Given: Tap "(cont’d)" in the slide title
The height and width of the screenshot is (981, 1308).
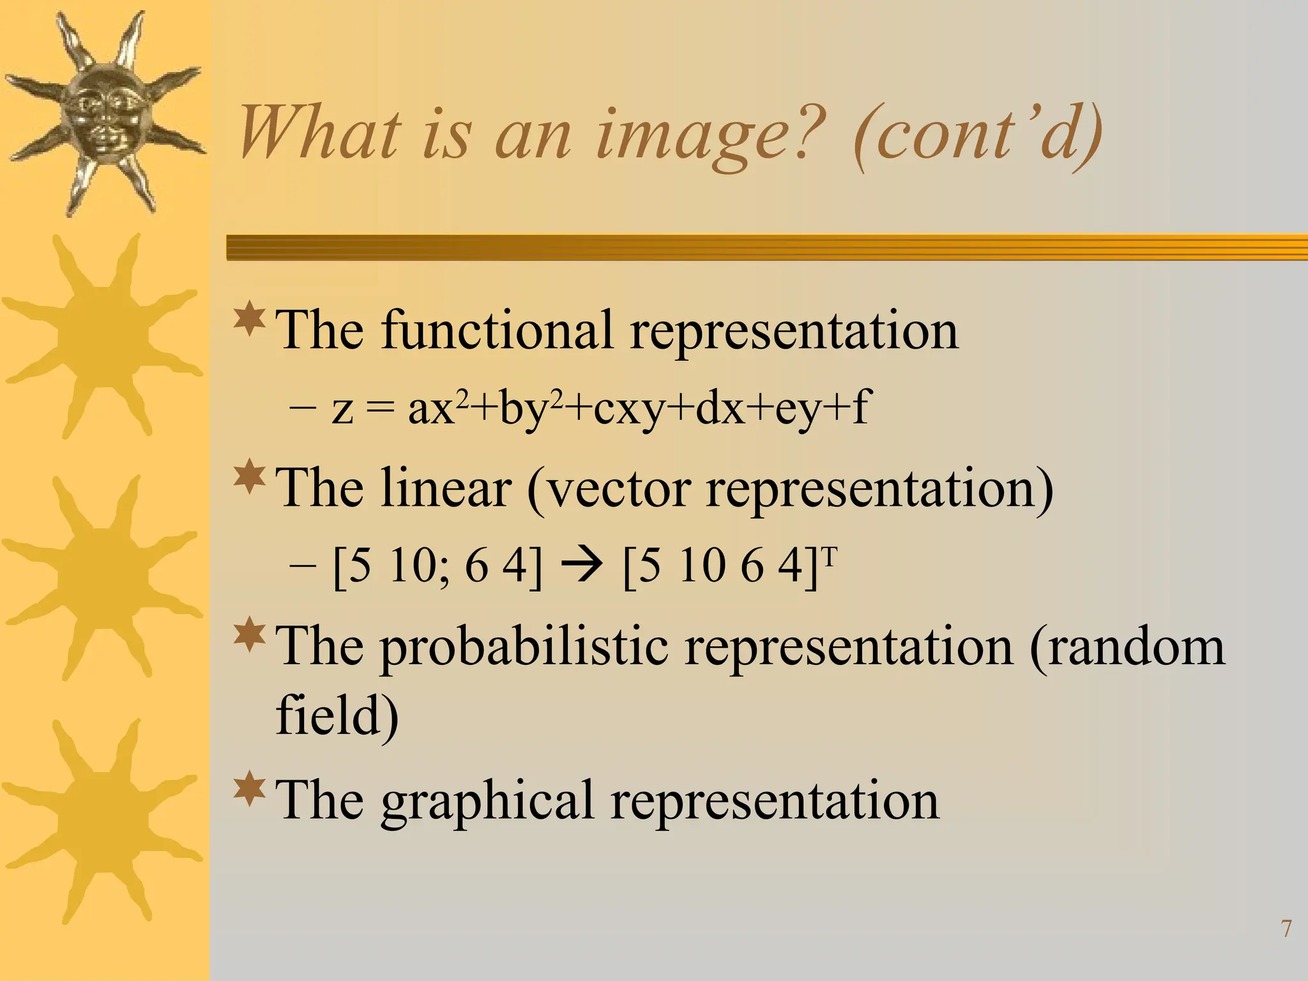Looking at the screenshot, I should pyautogui.click(x=977, y=135).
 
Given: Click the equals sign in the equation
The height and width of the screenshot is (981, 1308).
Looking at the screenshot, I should pyautogui.click(x=381, y=409).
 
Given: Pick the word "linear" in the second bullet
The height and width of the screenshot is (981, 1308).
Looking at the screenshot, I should pyautogui.click(x=446, y=489).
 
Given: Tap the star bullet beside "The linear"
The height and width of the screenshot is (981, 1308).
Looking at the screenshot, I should pyautogui.click(x=250, y=478).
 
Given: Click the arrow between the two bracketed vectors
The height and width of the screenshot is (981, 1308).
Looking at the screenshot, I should pyautogui.click(x=581, y=566).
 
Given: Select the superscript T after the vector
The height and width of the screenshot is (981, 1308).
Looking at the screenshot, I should pyautogui.click(x=829, y=555).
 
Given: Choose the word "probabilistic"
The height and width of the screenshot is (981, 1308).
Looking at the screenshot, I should pyautogui.click(x=524, y=647).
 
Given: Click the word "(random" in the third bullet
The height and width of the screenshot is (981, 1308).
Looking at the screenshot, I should pyautogui.click(x=1127, y=647).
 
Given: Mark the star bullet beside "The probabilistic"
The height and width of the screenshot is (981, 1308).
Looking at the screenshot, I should pyautogui.click(x=250, y=635).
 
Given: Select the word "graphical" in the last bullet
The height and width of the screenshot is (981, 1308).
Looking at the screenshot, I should pyautogui.click(x=488, y=801).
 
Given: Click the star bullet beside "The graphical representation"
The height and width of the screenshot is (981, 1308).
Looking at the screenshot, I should pyautogui.click(x=250, y=790).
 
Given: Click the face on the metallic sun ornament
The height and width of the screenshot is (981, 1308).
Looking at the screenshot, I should pyautogui.click(x=104, y=115).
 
